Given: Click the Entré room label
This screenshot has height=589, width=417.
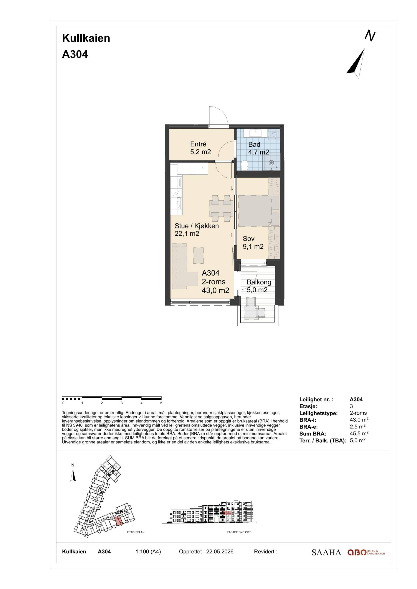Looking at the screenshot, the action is click(x=198, y=144).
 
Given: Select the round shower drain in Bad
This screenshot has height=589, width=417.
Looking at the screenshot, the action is click(x=271, y=163).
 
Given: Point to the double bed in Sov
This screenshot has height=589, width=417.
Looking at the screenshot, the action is click(x=255, y=211).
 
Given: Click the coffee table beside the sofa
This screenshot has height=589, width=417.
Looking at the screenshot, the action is click(x=199, y=255).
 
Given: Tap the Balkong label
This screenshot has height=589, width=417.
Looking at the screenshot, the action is click(x=259, y=282).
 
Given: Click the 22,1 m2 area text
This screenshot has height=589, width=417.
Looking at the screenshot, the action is click(x=187, y=234).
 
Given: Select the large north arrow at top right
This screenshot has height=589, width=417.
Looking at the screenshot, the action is click(x=356, y=63).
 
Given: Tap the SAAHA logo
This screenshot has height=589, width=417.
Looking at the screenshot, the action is click(x=326, y=552).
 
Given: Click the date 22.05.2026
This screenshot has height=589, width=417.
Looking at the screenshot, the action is click(x=220, y=551).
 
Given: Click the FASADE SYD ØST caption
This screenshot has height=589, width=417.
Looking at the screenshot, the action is click(x=239, y=532).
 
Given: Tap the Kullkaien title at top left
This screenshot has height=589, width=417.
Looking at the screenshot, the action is click(x=86, y=38).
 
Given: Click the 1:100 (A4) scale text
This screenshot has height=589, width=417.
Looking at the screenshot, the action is click(x=148, y=551).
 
